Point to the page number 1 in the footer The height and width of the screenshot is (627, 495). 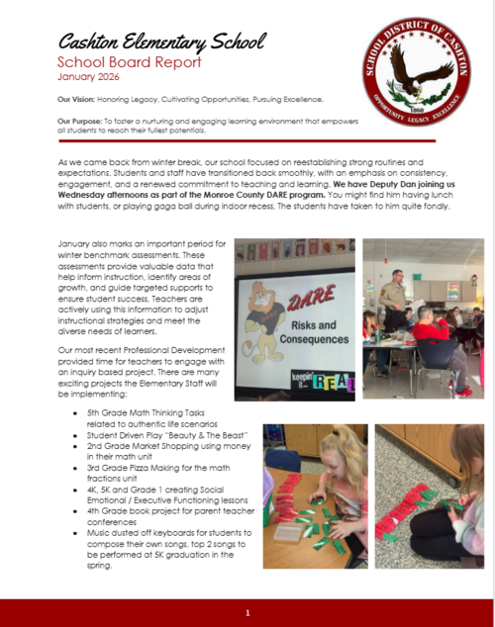click(x=247, y=612)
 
